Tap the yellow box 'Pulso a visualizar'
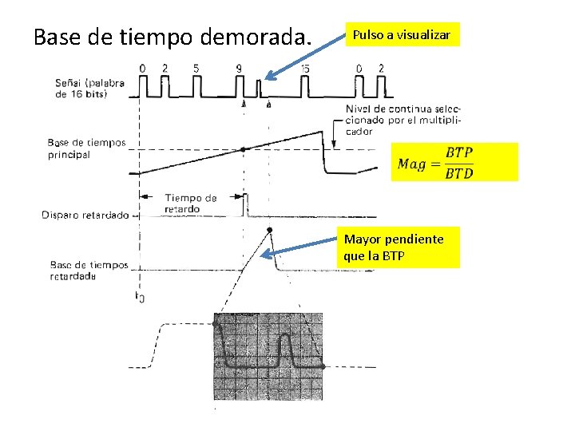pyautogui.click(x=402, y=35)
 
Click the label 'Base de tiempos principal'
pyautogui.click(x=86, y=148)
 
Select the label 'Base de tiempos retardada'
pyautogui.click(x=89, y=271)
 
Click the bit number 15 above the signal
pyautogui.click(x=305, y=69)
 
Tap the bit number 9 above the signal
pyautogui.click(x=239, y=69)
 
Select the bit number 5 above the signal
pyautogui.click(x=196, y=69)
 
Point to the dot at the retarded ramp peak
pyautogui.click(x=270, y=230)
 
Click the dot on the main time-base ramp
pyautogui.click(x=244, y=149)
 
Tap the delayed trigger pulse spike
pyautogui.click(x=244, y=203)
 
